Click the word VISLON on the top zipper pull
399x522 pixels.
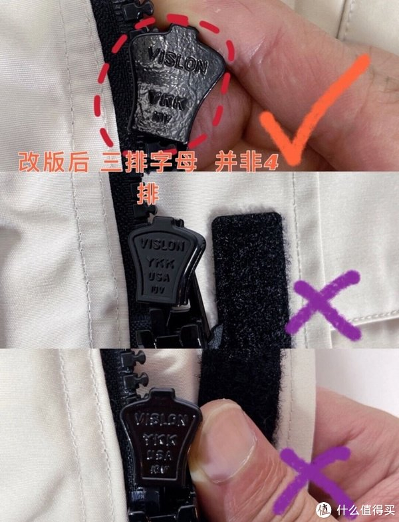click(x=176, y=59)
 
